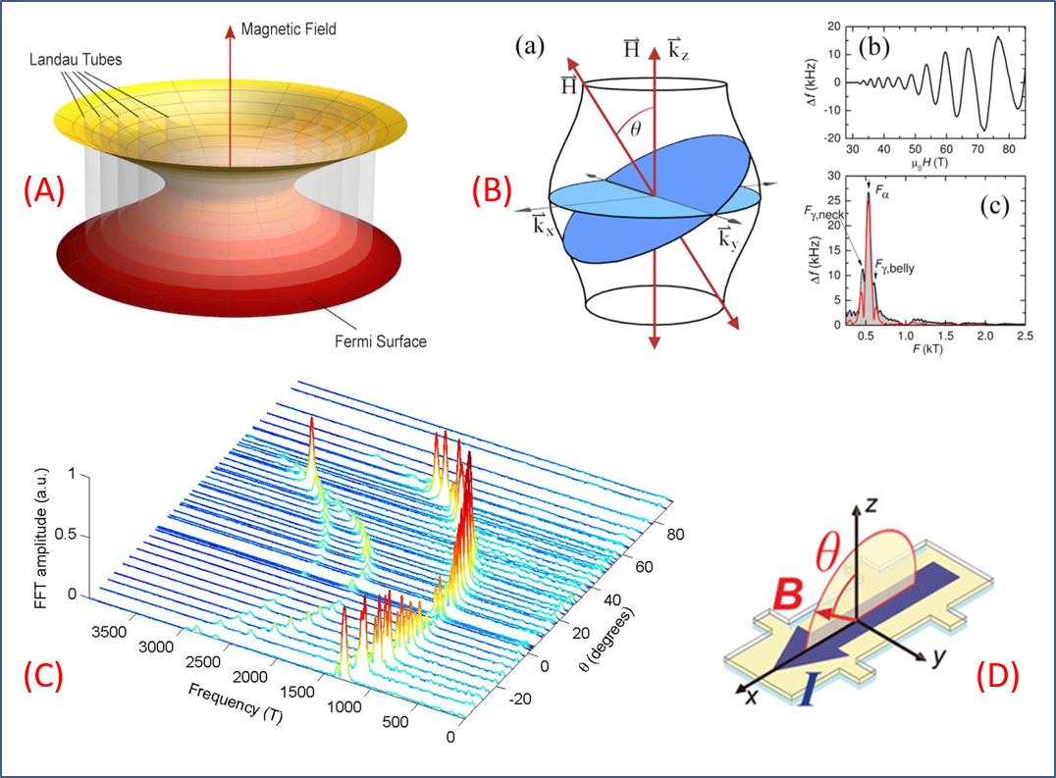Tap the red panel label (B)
[x=492, y=190]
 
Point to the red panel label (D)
[x=997, y=675]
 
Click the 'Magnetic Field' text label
[x=290, y=29]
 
